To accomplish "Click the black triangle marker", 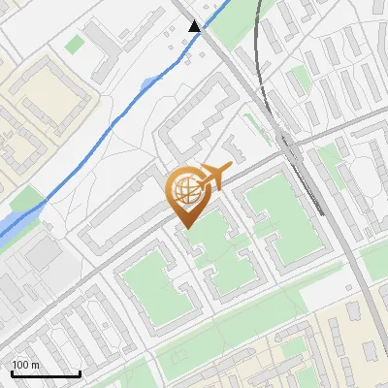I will pos(195,25).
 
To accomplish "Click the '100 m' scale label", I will pos(26,365).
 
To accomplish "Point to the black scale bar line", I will pos(46,373).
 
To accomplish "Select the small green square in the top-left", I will pos(75,44).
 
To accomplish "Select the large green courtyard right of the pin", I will pos(276,218).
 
